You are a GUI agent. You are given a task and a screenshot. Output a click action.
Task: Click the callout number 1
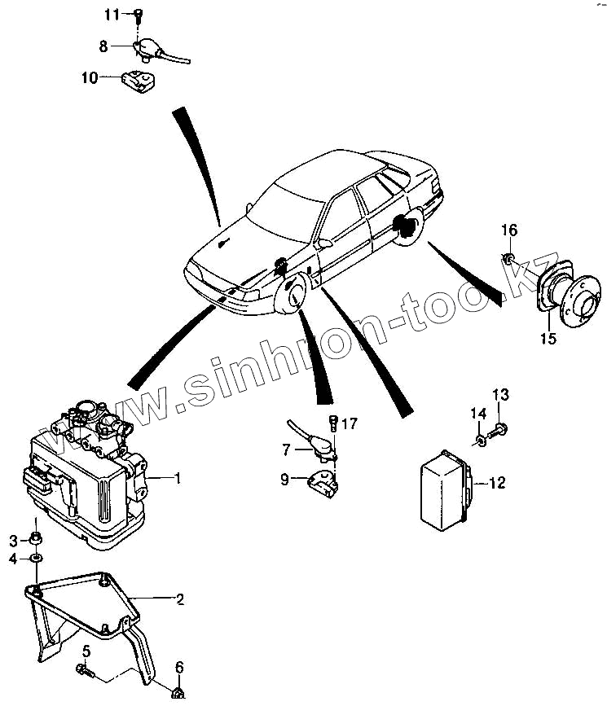pyautogui.click(x=177, y=477)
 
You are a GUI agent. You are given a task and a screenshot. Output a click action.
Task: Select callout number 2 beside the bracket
pyautogui.click(x=180, y=599)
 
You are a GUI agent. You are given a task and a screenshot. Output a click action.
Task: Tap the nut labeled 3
pyautogui.click(x=36, y=538)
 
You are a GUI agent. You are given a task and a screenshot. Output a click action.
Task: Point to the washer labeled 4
pyautogui.click(x=37, y=559)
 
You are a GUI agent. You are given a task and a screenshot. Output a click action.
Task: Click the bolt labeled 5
pyautogui.click(x=84, y=669)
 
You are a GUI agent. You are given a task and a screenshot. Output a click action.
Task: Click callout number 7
pyautogui.click(x=286, y=449)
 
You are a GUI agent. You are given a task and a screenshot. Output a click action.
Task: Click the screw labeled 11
pyautogui.click(x=139, y=15)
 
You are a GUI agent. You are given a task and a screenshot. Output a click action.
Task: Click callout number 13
pyautogui.click(x=500, y=396)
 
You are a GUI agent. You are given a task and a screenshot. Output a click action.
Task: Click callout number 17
pyautogui.click(x=349, y=423)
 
